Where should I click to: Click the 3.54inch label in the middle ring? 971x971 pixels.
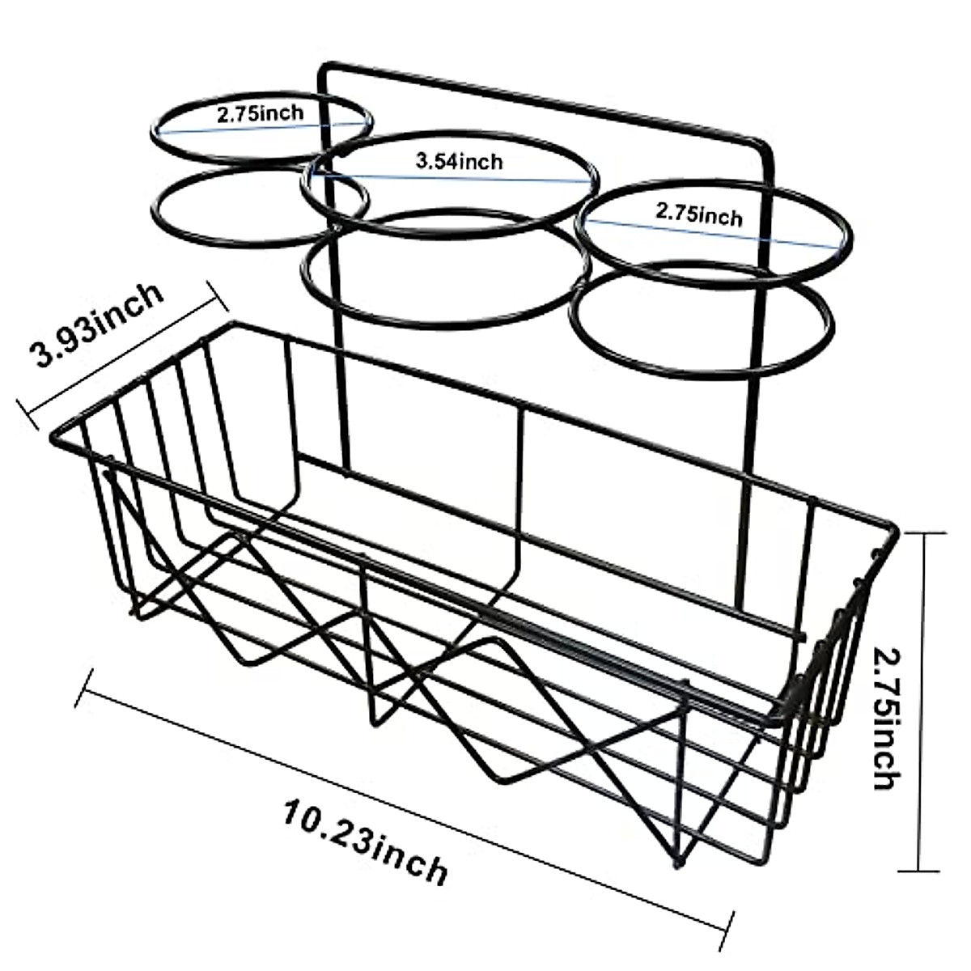(x=459, y=161)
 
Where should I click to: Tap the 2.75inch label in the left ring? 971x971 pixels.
(x=261, y=113)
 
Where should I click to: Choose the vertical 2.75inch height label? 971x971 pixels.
(x=886, y=713)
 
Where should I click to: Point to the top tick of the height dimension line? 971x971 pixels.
(x=922, y=533)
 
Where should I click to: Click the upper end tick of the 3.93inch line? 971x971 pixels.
(x=217, y=295)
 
